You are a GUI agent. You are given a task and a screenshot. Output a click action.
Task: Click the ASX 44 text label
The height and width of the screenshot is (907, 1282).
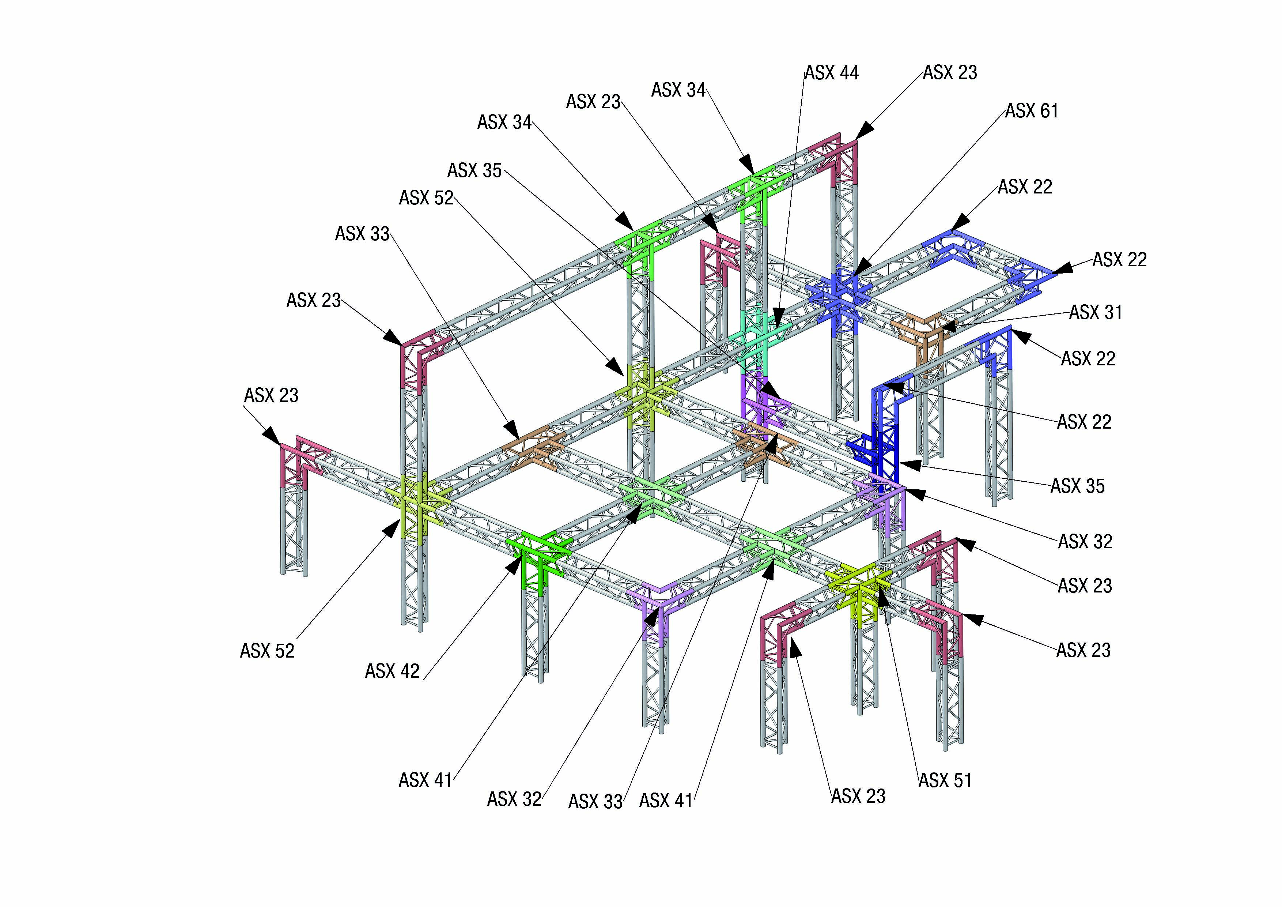(x=831, y=73)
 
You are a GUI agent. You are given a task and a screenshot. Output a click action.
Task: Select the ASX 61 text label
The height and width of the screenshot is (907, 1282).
(x=1032, y=111)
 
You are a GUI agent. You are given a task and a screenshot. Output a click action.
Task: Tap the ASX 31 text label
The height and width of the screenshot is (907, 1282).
(x=1096, y=312)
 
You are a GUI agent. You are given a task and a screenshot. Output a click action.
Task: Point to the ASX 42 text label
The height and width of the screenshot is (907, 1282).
(x=392, y=671)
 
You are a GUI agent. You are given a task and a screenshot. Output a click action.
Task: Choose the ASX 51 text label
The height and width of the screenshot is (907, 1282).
(x=945, y=780)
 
